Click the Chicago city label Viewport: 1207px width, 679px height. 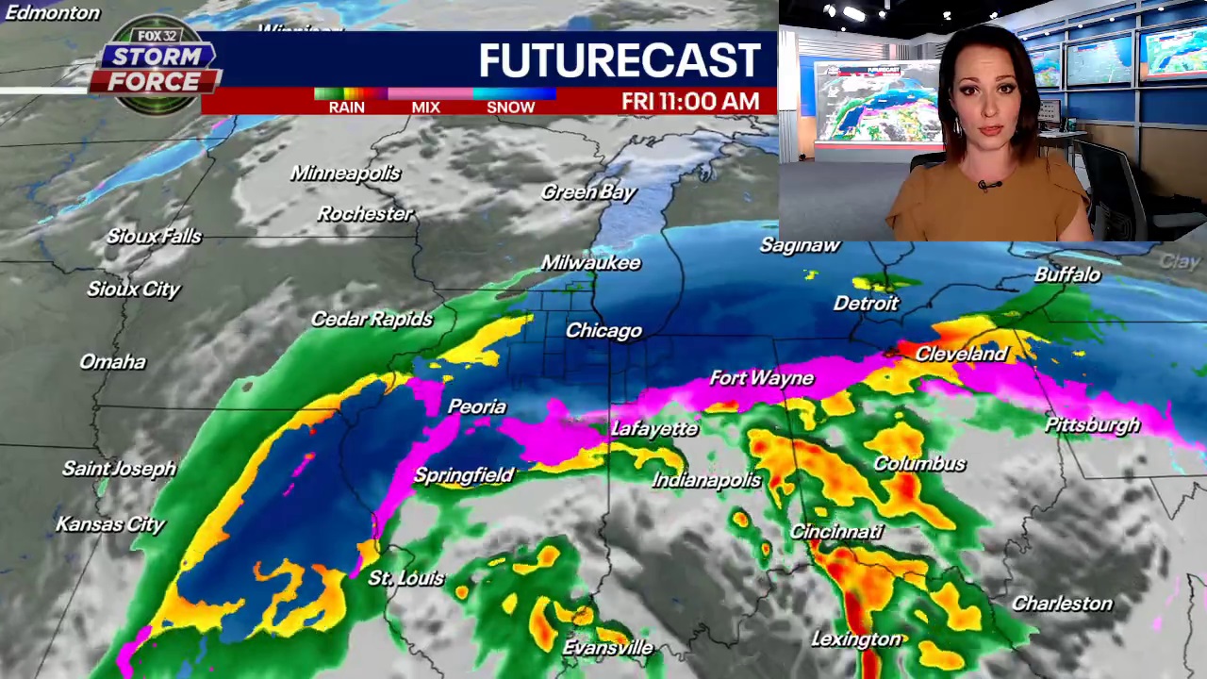(603, 331)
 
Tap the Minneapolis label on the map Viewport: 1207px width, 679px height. (345, 174)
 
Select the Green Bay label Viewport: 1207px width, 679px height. (588, 192)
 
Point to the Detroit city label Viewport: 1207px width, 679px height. (866, 304)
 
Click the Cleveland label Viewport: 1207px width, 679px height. (961, 354)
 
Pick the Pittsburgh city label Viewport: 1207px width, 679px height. (1092, 425)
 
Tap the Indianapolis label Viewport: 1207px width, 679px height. (706, 480)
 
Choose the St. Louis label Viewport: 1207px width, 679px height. (405, 578)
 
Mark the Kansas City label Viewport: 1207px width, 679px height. (110, 524)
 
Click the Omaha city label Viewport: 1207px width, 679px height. (112, 362)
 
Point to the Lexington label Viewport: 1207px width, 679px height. (856, 639)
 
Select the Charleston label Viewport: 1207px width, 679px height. (1062, 604)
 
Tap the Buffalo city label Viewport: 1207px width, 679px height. (1066, 274)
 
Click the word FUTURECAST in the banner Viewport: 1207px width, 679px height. (619, 60)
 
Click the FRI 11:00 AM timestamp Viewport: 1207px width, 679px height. (690, 102)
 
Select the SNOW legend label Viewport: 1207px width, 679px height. (510, 108)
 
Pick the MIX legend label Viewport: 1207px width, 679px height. (425, 108)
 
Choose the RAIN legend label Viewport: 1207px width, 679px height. (346, 108)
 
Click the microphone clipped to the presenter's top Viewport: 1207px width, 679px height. (986, 186)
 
